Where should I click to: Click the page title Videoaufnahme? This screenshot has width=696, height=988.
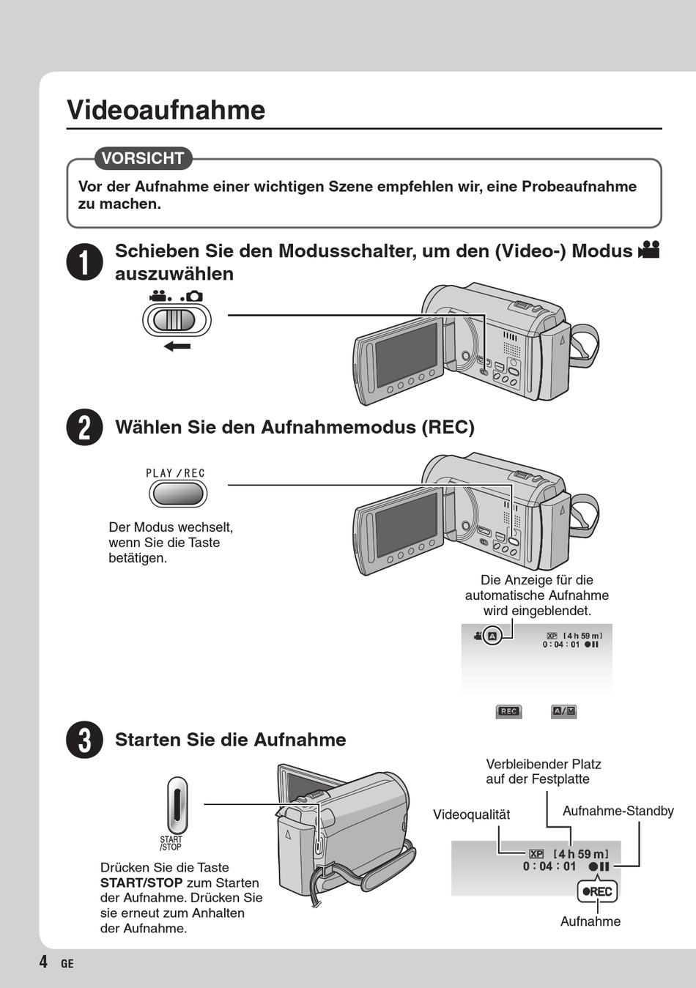tap(166, 110)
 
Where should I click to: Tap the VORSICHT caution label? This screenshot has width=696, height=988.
tap(143, 158)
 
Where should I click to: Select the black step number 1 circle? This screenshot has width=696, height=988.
tap(85, 262)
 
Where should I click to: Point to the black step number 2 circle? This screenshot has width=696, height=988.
tap(85, 427)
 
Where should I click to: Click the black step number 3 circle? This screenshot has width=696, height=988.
tap(85, 740)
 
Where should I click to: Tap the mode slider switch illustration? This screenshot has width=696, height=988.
tap(177, 320)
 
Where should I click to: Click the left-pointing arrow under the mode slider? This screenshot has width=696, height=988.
tap(177, 346)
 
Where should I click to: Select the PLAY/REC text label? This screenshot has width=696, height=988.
tap(176, 473)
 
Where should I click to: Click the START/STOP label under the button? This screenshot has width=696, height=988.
tap(171, 843)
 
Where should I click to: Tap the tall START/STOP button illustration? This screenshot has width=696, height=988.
tap(177, 805)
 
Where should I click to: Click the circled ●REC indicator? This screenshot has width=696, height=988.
tap(597, 891)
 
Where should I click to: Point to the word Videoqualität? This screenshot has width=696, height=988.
tap(471, 814)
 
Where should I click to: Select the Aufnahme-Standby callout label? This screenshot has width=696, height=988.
tap(618, 811)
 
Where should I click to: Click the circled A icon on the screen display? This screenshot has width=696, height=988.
tap(492, 636)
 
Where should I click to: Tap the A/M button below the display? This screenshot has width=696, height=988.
tap(564, 711)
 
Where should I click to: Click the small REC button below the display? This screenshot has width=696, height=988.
tap(508, 711)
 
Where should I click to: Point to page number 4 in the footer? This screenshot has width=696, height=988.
tap(44, 962)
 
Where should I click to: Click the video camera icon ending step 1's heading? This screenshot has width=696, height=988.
tap(649, 250)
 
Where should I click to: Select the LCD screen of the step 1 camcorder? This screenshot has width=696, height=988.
tap(406, 354)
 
